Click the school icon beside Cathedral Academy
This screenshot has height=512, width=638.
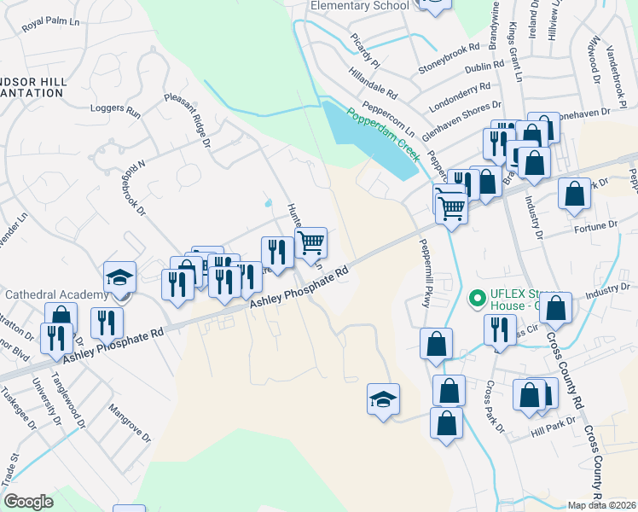[119, 277]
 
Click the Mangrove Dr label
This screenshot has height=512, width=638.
[129, 424]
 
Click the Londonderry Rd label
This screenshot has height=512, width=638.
[461, 86]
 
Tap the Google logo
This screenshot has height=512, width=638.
[28, 501]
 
